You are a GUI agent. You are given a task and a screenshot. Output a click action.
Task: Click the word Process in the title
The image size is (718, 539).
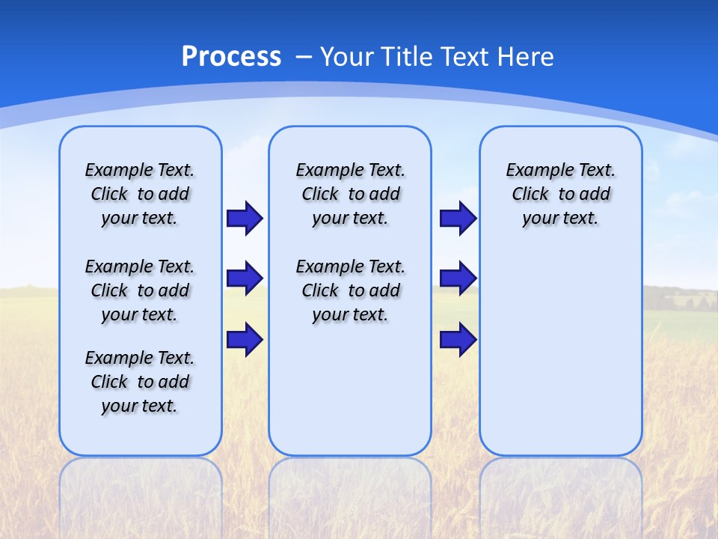pos(231,57)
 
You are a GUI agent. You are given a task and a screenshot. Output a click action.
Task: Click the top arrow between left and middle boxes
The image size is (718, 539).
pos(244,218)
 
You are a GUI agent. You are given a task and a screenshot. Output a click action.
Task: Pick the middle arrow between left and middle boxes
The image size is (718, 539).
pos(244,278)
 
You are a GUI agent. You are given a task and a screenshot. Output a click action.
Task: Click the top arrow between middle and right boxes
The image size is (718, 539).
pos(458,218)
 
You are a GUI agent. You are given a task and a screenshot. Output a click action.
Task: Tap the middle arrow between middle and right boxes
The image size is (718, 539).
pos(458,278)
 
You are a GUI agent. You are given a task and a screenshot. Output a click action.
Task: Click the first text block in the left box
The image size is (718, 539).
pos(140,194)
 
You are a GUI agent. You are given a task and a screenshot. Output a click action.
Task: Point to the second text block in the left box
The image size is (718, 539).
pos(140,290)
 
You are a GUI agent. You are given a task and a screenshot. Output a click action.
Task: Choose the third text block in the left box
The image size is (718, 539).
pos(140,382)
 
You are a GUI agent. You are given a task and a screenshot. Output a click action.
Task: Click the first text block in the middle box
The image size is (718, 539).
pos(350,194)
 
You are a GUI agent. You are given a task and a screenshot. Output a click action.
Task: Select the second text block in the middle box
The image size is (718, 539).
pos(350,290)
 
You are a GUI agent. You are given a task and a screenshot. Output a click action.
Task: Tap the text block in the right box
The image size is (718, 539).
pos(561,194)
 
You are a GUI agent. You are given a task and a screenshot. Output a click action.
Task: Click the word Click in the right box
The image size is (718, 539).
pos(530,195)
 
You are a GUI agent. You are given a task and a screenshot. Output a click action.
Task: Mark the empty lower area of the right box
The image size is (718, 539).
pos(561,359)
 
